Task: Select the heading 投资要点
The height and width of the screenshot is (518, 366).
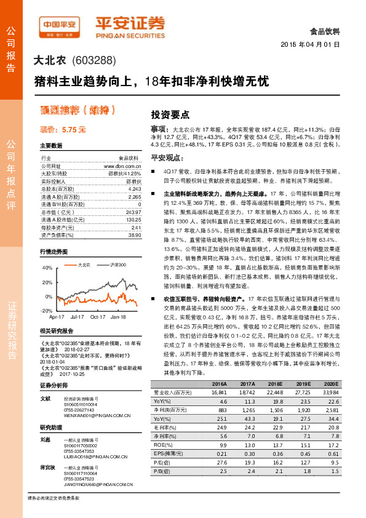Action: tap(170, 114)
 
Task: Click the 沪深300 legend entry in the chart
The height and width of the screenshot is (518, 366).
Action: tap(117, 265)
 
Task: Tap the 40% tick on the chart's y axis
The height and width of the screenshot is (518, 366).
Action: tap(46, 268)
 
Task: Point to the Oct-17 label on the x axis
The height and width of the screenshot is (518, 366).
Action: tap(98, 316)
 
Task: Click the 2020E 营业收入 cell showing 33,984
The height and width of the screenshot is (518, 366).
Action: tap(330, 392)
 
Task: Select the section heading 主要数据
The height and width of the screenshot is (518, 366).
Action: tap(51, 146)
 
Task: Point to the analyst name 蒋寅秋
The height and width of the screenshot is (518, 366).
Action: tap(47, 468)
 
